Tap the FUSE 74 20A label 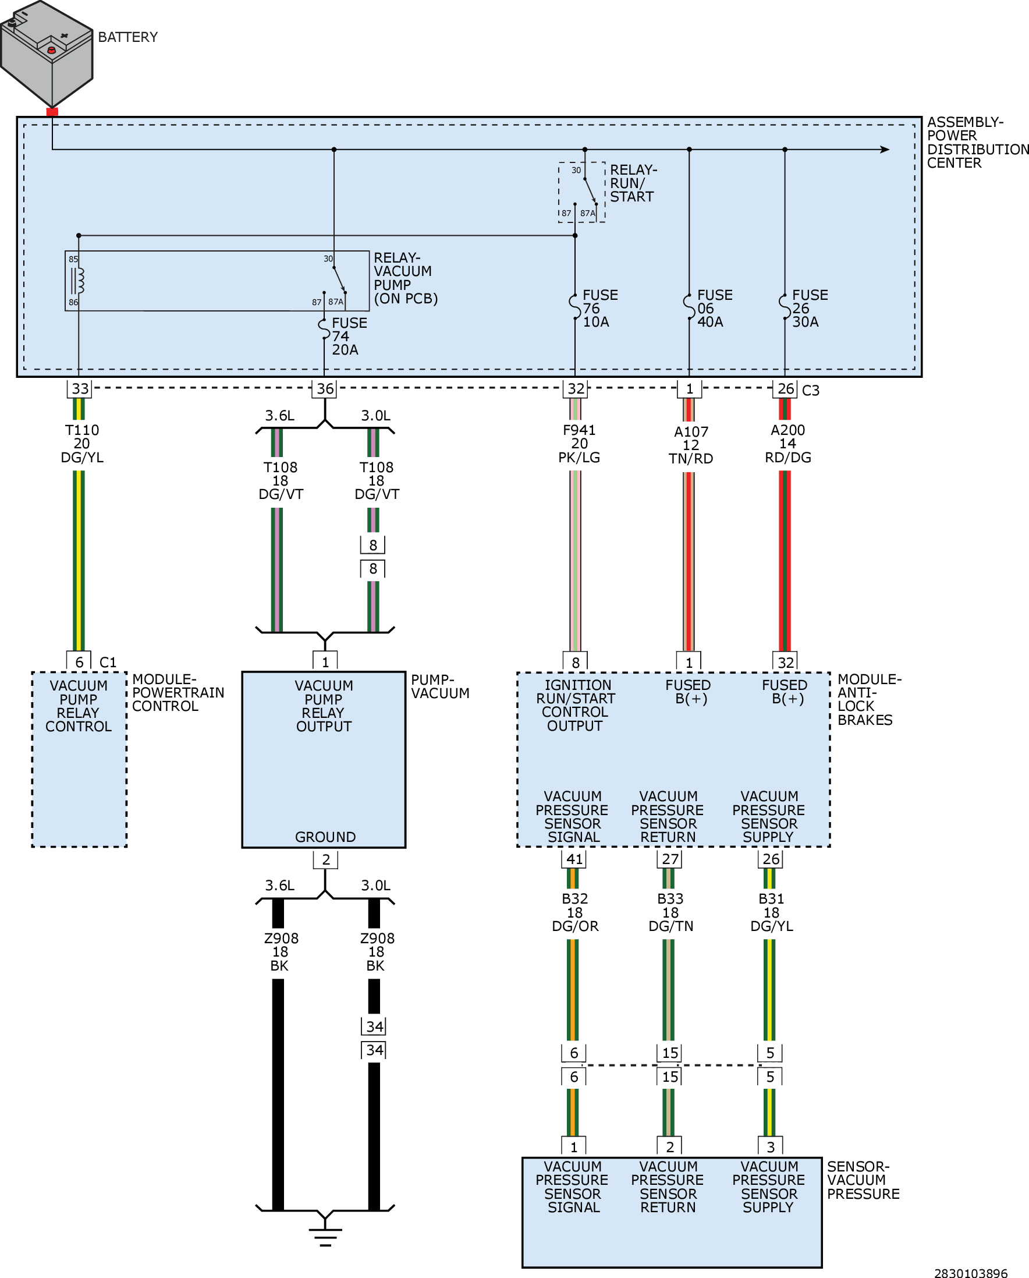click(349, 337)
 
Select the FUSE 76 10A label click(600, 309)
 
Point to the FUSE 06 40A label click(714, 309)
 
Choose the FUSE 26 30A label click(810, 309)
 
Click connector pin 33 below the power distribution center click(79, 388)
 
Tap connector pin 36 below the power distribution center click(325, 388)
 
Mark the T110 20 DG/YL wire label click(82, 444)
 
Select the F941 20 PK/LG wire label click(579, 444)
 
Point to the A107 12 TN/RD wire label click(690, 445)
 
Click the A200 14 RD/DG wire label click(787, 444)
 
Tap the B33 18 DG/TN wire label click(670, 913)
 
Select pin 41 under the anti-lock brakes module click(574, 859)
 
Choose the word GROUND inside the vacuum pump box click(325, 837)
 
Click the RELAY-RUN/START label click(634, 183)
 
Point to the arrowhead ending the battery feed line click(885, 150)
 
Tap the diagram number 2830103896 click(971, 1273)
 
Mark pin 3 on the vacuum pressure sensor click(771, 1147)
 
